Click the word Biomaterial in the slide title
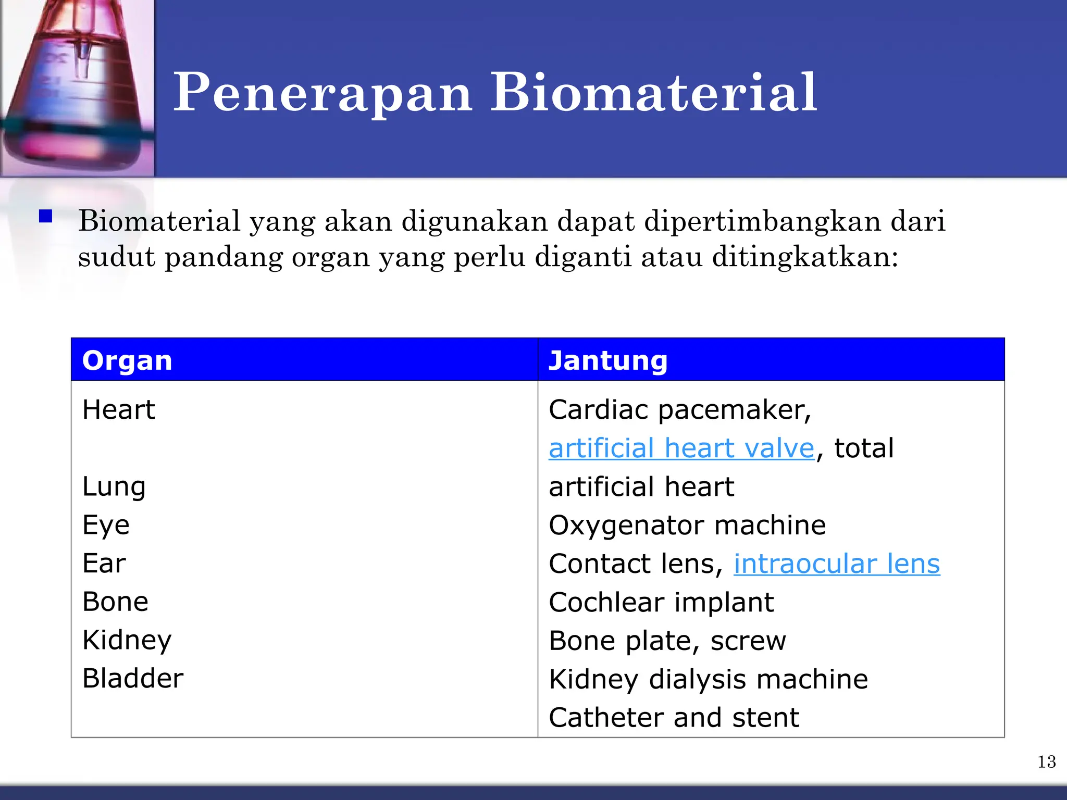(x=653, y=93)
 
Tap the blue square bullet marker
(x=46, y=216)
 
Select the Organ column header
(x=127, y=360)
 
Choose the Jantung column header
(x=607, y=360)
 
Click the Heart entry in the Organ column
(x=119, y=409)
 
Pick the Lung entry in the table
(x=114, y=486)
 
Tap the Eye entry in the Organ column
(x=106, y=525)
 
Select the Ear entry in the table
(x=104, y=563)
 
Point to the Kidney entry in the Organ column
(x=127, y=640)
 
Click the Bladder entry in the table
(x=133, y=678)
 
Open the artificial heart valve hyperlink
(x=681, y=448)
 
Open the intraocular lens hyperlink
(x=837, y=564)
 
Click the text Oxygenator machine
(x=687, y=525)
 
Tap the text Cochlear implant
(x=661, y=602)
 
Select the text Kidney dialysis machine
(x=709, y=679)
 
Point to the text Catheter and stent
(x=674, y=718)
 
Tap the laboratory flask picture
(x=77, y=87)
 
